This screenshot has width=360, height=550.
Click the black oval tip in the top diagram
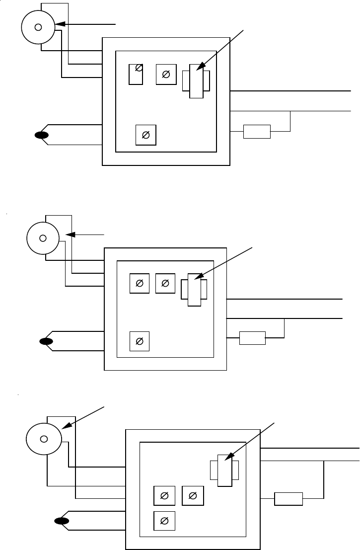point(41,135)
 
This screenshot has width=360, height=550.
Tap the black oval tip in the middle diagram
point(46,341)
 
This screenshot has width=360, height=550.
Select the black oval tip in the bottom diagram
point(62,521)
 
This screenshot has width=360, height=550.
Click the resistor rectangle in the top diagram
point(257,132)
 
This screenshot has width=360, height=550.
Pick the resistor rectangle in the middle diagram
point(252,338)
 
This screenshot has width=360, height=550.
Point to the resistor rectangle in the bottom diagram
point(288,499)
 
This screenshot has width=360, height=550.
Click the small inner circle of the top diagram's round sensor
point(38,27)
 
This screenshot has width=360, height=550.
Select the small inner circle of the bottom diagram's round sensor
point(44,439)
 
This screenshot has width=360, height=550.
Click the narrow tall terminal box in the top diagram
point(136,74)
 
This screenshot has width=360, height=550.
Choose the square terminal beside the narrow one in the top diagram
point(166,75)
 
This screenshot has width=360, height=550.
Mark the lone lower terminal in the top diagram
point(146,135)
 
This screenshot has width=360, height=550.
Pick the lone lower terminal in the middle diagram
point(140,341)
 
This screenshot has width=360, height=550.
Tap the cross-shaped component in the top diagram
point(196,80)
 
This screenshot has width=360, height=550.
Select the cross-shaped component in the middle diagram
point(194,289)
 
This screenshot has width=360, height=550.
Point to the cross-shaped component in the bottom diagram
point(225,470)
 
